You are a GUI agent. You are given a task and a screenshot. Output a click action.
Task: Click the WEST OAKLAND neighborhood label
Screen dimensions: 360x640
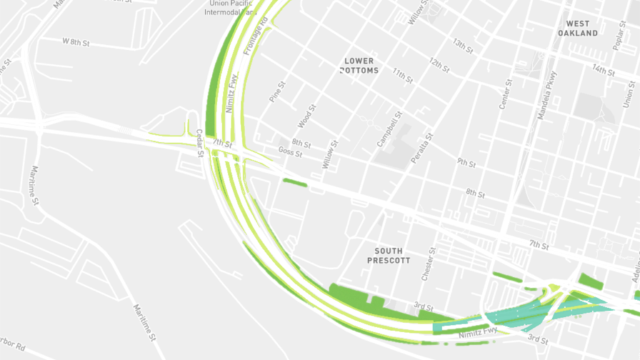pos(577,28)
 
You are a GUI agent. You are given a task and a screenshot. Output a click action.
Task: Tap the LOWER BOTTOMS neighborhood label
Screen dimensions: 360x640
pos(359,66)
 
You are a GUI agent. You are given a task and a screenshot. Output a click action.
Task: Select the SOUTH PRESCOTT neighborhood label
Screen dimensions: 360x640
pos(389,255)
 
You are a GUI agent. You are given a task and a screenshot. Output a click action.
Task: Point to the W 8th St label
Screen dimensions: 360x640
pos(76,41)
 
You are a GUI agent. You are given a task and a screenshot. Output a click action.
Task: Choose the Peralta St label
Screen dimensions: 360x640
pos(422,149)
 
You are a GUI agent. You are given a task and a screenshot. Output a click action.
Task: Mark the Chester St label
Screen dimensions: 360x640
pos(427,266)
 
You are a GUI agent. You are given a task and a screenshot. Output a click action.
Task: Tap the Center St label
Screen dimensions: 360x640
pos(506,94)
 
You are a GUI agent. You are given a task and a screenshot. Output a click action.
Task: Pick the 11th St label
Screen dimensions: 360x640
pos(403,76)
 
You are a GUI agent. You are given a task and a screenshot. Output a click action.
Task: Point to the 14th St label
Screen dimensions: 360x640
pos(604,70)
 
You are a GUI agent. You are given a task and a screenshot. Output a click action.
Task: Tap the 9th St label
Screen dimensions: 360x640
pos(466,163)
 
